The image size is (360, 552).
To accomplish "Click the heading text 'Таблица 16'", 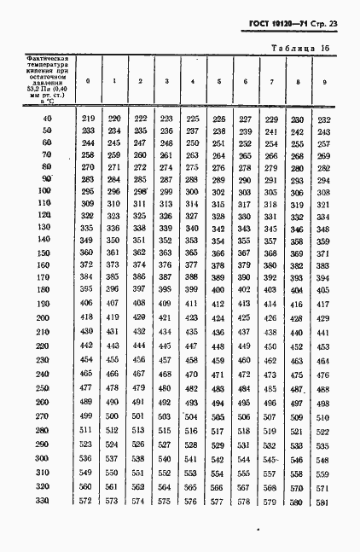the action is click(x=300, y=48).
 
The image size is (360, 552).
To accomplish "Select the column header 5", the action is click(x=218, y=82).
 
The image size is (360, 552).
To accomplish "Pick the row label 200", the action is click(x=44, y=317).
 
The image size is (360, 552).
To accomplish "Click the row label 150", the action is click(x=44, y=253).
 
